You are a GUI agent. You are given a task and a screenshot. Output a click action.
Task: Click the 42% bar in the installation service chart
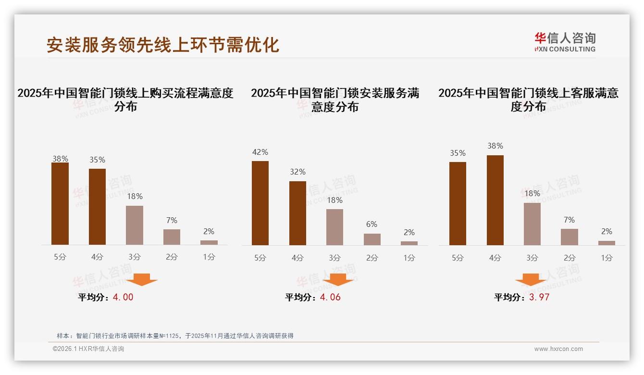tap(260, 203)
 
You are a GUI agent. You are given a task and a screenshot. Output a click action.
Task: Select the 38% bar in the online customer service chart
tap(495, 200)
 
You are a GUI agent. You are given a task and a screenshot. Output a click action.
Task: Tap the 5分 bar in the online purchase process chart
tap(60, 204)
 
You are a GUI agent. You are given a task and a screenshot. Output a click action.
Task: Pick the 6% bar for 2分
tap(372, 239)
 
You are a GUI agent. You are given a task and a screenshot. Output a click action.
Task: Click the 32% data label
tap(297, 172)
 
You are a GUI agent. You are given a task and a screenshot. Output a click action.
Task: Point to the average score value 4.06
tap(330, 297)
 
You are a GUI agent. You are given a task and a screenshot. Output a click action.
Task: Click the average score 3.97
tap(539, 297)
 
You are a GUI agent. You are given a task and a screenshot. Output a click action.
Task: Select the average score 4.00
tap(123, 297)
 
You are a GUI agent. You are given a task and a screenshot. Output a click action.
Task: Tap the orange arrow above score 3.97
tap(531, 280)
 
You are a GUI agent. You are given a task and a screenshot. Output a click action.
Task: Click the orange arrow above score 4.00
tap(142, 280)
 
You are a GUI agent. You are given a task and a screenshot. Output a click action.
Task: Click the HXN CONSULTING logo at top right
tap(565, 42)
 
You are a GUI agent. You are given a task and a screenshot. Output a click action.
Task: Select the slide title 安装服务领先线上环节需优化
tap(162, 45)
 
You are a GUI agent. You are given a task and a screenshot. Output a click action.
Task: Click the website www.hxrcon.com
tap(558, 349)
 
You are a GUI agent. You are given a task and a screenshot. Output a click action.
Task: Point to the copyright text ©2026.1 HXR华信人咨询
tap(88, 349)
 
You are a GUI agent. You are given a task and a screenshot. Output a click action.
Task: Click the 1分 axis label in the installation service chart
tap(409, 258)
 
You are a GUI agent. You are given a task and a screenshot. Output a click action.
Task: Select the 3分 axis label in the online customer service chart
tap(532, 258)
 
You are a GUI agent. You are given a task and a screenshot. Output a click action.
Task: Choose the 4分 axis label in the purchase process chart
tap(97, 257)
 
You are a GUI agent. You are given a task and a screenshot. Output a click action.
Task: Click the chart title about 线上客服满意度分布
tap(528, 100)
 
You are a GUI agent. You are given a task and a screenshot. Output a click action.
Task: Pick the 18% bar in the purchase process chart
tap(135, 225)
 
